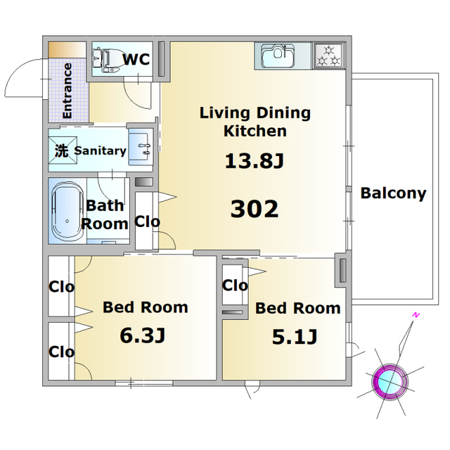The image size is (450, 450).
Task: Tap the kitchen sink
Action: click(278, 56)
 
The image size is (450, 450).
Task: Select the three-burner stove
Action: click(329, 56)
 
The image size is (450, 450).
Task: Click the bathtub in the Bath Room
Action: click(67, 211)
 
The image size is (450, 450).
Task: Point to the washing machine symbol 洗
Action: click(63, 150)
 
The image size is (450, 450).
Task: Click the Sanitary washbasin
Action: click(141, 147)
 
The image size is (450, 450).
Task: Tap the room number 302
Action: click(255, 209)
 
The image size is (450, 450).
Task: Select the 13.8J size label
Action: click(255, 161)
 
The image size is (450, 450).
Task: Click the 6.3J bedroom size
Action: click(143, 335)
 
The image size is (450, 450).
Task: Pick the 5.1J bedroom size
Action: click(295, 337)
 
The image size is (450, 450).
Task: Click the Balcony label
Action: click(393, 193)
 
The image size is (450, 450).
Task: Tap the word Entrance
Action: click(67, 91)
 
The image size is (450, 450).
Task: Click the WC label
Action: click(136, 59)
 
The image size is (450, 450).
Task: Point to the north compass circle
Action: click(390, 381)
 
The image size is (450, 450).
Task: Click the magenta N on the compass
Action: click(416, 315)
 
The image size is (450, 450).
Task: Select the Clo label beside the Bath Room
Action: click(147, 222)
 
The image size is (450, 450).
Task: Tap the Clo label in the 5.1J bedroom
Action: click(235, 285)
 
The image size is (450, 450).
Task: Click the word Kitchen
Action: click(255, 131)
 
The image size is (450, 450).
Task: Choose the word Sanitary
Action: click(100, 150)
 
